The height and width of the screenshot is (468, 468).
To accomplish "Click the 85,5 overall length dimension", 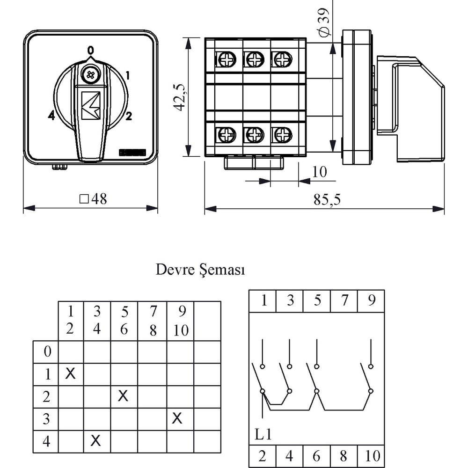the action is [x=327, y=199].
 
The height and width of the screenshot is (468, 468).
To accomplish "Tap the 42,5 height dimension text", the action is [x=181, y=97].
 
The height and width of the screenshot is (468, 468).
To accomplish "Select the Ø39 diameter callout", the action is [x=324, y=22].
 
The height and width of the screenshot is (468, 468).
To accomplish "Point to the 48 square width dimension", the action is [x=93, y=199].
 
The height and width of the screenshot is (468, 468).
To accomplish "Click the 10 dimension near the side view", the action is [x=319, y=172].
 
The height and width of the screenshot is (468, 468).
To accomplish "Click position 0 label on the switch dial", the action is [x=90, y=50].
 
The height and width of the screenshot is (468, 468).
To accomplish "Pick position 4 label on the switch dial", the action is [x=51, y=115].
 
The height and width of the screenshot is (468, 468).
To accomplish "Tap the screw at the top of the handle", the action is [x=90, y=75].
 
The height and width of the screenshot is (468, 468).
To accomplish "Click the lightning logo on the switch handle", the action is [x=91, y=106].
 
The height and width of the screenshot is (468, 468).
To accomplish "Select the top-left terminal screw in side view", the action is [x=226, y=59].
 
